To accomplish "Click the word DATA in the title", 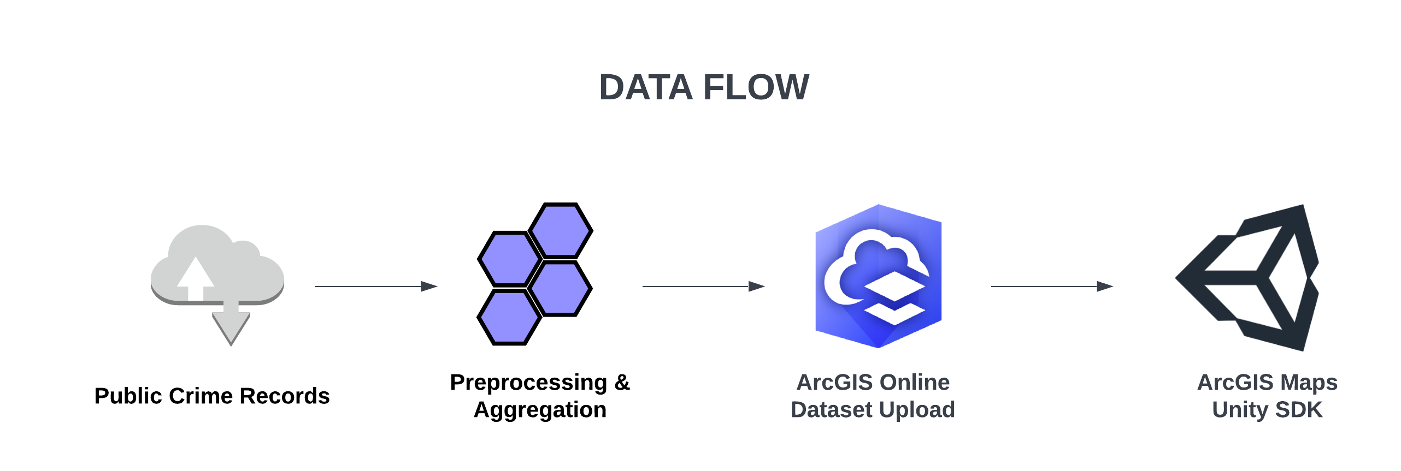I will coord(645,87).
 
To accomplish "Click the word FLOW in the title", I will coord(756,87).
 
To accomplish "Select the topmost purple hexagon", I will coord(561,230).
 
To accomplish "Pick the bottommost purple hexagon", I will coord(509,318).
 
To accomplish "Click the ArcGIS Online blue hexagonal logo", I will coord(878,276).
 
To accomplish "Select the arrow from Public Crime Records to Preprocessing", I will coord(376,286).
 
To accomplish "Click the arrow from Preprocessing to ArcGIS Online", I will coord(703,286).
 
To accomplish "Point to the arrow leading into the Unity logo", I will coord(1052,286).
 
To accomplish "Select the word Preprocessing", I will coord(528,383).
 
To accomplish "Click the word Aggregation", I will coord(540,410).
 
